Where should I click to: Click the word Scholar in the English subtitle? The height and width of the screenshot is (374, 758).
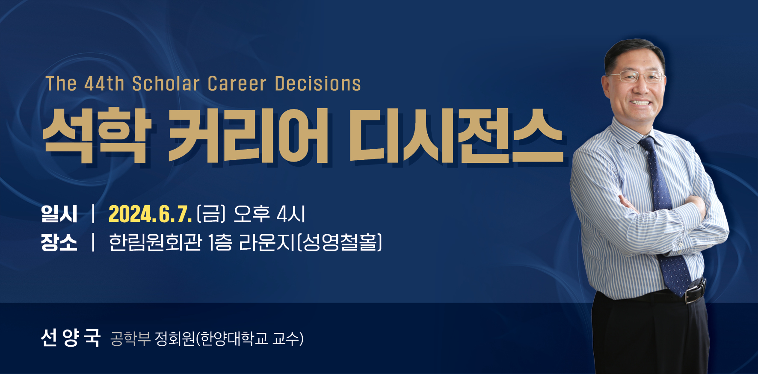click(x=166, y=84)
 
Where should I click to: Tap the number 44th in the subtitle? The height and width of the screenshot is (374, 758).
click(x=104, y=84)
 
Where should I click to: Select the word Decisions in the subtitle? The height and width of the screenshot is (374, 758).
click(x=318, y=84)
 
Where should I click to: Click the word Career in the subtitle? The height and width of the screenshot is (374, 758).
click(x=237, y=84)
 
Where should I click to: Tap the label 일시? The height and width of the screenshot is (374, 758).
click(x=59, y=214)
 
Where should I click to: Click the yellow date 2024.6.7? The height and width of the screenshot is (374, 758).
click(x=150, y=214)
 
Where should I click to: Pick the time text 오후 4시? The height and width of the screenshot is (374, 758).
click(x=269, y=214)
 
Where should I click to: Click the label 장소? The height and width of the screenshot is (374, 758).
click(x=59, y=242)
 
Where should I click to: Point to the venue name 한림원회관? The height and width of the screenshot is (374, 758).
click(x=155, y=242)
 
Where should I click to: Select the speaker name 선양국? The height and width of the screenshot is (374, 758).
click(x=71, y=338)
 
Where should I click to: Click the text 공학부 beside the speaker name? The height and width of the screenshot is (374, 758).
click(x=130, y=339)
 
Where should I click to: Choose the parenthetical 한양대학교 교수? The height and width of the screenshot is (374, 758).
click(x=250, y=339)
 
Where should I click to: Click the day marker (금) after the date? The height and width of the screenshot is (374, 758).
click(x=211, y=214)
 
